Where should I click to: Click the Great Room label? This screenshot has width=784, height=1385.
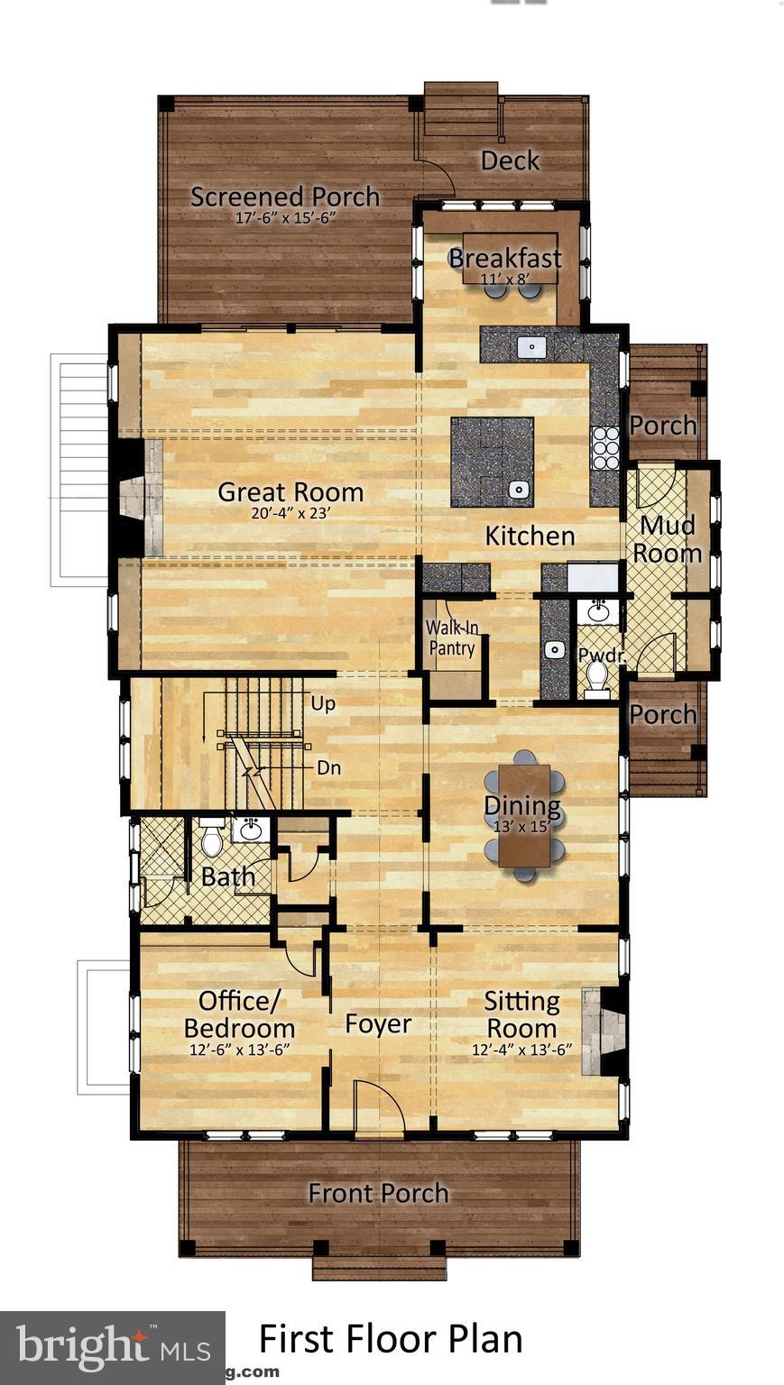pyautogui.click(x=291, y=492)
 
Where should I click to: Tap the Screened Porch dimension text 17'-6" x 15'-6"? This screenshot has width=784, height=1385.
pyautogui.click(x=285, y=218)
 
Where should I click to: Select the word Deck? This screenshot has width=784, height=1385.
pyautogui.click(x=510, y=161)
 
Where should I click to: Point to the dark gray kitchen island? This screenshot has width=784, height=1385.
pyautogui.click(x=492, y=462)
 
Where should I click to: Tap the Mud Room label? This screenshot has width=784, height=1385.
pyautogui.click(x=667, y=539)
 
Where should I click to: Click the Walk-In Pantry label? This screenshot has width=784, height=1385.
pyautogui.click(x=451, y=637)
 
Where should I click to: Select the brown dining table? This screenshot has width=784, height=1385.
pyautogui.click(x=524, y=814)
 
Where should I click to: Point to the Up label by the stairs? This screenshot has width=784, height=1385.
pyautogui.click(x=322, y=703)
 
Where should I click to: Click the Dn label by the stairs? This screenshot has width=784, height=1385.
pyautogui.click(x=328, y=768)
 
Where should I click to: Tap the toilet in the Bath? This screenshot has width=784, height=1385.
pyautogui.click(x=211, y=839)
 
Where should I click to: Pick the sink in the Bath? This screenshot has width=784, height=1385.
pyautogui.click(x=250, y=830)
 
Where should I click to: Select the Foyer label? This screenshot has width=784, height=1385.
pyautogui.click(x=378, y=1024)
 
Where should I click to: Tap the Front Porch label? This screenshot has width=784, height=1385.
pyautogui.click(x=378, y=1193)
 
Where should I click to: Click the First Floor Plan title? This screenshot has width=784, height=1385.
pyautogui.click(x=391, y=1339)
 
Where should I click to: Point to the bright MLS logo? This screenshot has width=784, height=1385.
pyautogui.click(x=113, y=1348)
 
